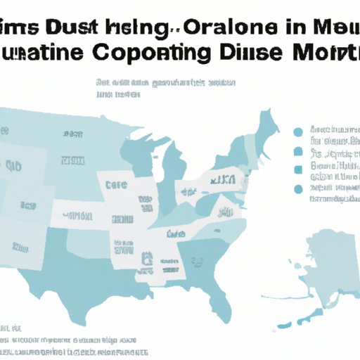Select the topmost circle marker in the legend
(x=298, y=131)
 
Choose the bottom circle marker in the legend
(x=299, y=189)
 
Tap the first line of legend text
(x=333, y=131)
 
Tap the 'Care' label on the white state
(x=117, y=185)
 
